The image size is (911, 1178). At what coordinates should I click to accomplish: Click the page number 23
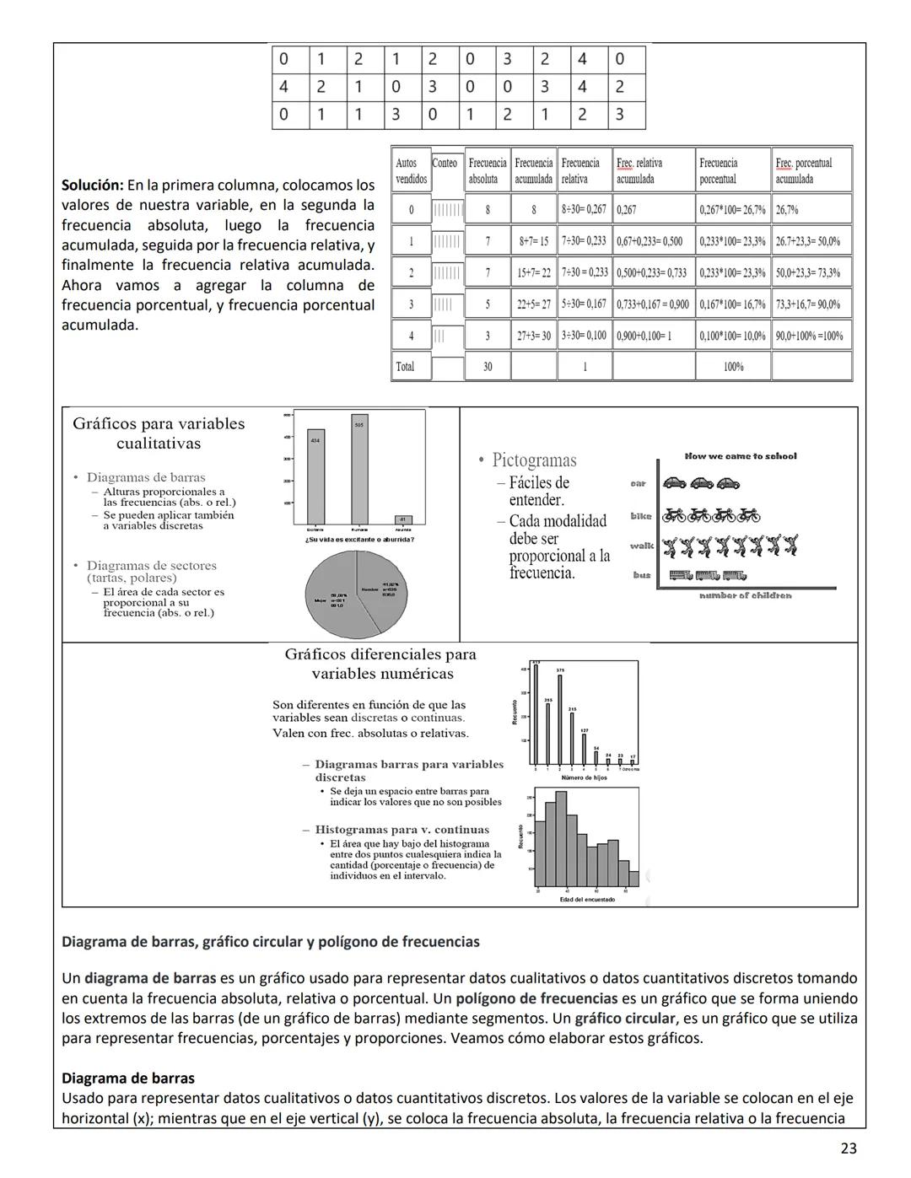point(849,1148)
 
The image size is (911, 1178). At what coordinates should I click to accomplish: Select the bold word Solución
point(93,185)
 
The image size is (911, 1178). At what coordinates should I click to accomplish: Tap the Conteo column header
point(445,164)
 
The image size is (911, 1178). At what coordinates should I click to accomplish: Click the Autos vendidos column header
point(407,171)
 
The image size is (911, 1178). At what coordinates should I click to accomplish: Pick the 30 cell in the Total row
point(488,367)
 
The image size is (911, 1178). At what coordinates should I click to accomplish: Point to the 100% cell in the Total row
point(733,367)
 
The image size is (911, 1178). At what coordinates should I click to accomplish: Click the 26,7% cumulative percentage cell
point(787,209)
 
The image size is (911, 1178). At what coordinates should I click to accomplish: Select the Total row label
point(406,367)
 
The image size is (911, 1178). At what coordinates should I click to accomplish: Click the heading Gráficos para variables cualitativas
point(159,433)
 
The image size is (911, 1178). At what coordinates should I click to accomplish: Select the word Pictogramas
point(535,460)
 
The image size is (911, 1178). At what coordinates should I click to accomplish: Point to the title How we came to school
point(741,456)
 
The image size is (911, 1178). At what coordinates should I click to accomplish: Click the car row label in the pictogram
point(639,484)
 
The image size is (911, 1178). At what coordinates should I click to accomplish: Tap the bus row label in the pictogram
point(642,575)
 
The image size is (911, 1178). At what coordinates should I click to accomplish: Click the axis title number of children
point(746,595)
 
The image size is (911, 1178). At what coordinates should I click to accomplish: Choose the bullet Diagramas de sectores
point(152,566)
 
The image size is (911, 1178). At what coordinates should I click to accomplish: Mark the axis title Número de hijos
point(584,777)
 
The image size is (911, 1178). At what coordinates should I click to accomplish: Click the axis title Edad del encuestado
point(587,900)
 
